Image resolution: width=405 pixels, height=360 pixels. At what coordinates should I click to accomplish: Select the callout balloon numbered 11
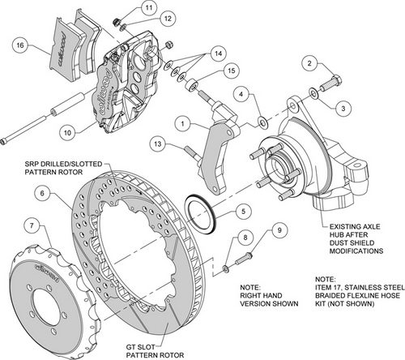(149, 9)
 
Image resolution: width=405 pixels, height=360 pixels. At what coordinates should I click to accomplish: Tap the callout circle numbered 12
(165, 18)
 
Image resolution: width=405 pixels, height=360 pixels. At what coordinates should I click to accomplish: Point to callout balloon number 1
(185, 125)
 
